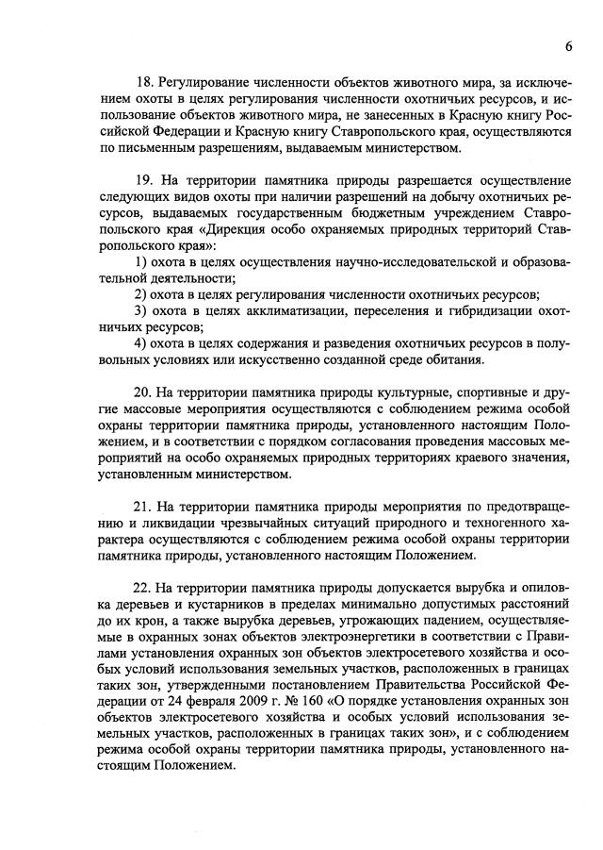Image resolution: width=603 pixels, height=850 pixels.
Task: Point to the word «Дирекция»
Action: [209, 230]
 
